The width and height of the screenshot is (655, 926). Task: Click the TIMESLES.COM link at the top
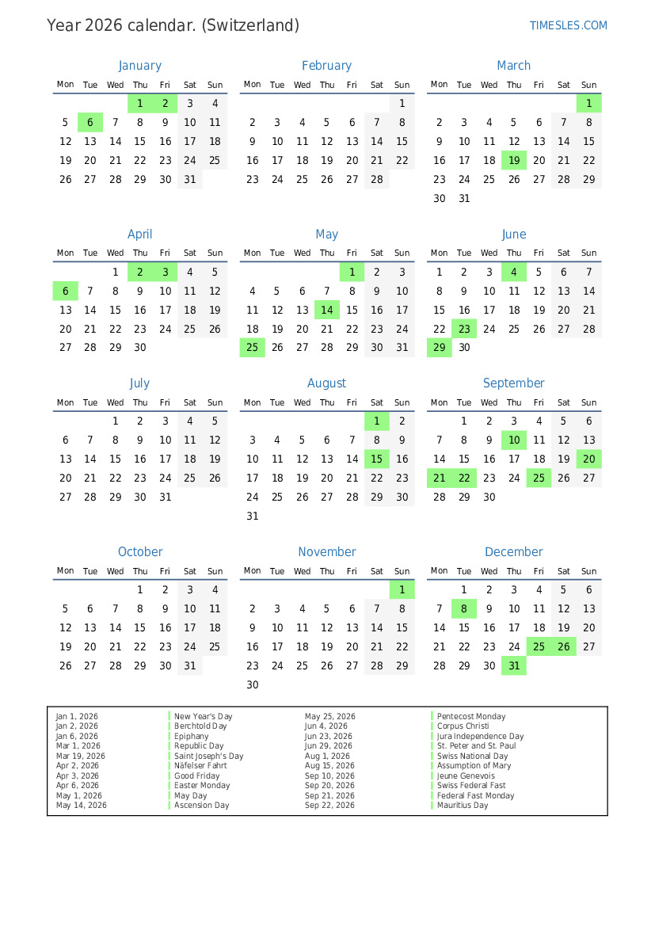click(x=568, y=25)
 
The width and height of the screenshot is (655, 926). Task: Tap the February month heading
click(x=326, y=66)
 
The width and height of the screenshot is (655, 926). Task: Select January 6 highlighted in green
click(x=90, y=123)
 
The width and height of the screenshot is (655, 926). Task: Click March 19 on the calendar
click(x=514, y=161)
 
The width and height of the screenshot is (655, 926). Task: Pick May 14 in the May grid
click(x=327, y=311)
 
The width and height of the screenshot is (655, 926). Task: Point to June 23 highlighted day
click(x=464, y=330)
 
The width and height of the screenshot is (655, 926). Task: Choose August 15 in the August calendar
click(x=377, y=459)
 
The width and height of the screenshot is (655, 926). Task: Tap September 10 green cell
click(x=514, y=440)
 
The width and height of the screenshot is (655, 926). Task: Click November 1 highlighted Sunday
click(x=402, y=589)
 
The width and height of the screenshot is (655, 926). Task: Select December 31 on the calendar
click(x=514, y=666)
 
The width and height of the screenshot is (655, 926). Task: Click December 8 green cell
click(x=464, y=608)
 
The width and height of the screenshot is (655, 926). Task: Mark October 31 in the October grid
click(x=190, y=666)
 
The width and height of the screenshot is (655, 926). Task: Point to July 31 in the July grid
click(x=165, y=497)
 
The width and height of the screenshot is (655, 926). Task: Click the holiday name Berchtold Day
click(x=200, y=726)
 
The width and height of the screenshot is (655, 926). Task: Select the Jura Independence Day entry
click(x=480, y=737)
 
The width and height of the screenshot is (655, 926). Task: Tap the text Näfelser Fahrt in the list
click(x=200, y=766)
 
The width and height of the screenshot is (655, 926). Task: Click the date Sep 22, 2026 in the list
click(x=329, y=806)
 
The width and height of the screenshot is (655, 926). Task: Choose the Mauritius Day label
click(x=463, y=806)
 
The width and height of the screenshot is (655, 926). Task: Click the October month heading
click(x=140, y=552)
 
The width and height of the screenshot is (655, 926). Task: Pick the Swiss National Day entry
click(x=472, y=756)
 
